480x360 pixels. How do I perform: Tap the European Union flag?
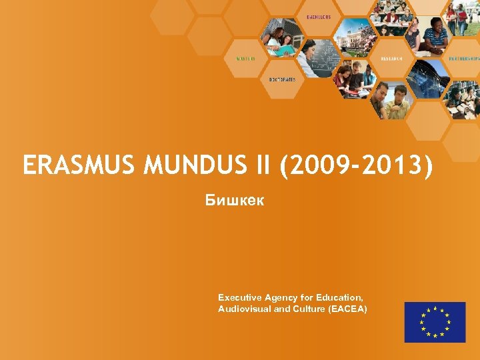435,322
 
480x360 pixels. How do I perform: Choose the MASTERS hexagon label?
245,58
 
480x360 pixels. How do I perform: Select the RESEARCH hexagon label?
392,58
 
